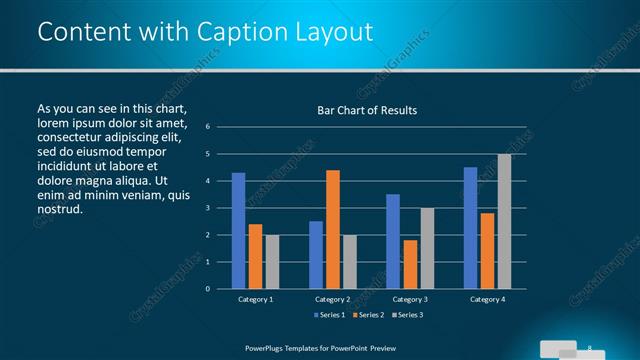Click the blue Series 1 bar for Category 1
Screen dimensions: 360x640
pyautogui.click(x=238, y=231)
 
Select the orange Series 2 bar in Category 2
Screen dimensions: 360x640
pyautogui.click(x=332, y=229)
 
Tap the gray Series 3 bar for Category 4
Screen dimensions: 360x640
pyautogui.click(x=504, y=221)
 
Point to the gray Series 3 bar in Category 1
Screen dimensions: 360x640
pyautogui.click(x=272, y=262)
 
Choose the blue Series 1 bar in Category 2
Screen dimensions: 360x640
pyautogui.click(x=316, y=255)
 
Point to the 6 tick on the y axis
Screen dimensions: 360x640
pyautogui.click(x=207, y=127)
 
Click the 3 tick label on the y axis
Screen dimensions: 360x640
pyautogui.click(x=207, y=208)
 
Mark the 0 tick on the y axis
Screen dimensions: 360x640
pyautogui.click(x=207, y=289)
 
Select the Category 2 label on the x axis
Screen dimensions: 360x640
pyautogui.click(x=332, y=299)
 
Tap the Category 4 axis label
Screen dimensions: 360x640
pyautogui.click(x=487, y=299)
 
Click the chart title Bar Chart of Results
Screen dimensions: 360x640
pyautogui.click(x=360, y=110)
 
